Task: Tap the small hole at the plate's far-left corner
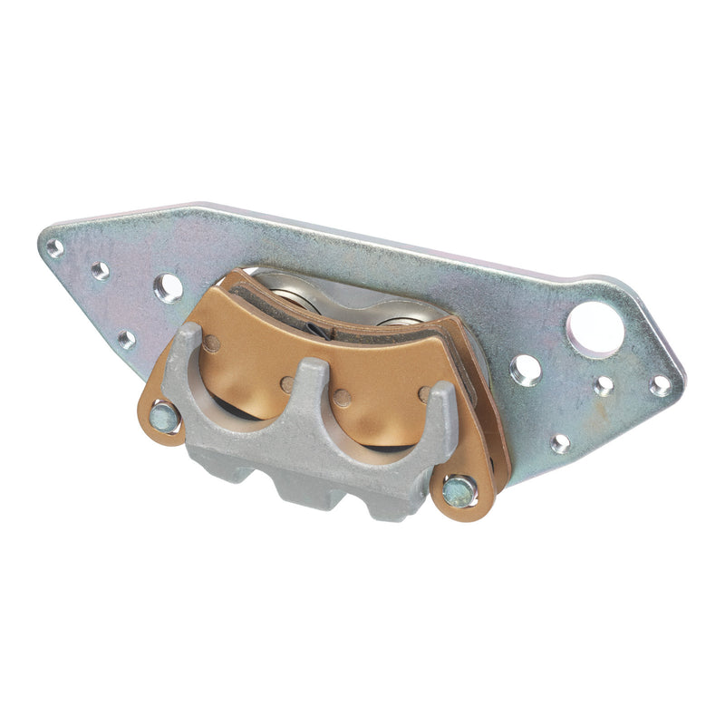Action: coord(55,247)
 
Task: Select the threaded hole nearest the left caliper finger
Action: coord(169,288)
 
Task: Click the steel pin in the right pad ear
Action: coord(458,492)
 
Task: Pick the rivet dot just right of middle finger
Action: coord(342,398)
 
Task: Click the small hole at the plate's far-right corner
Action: coord(661,385)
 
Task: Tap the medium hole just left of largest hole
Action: coord(526,370)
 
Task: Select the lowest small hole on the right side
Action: coord(561,443)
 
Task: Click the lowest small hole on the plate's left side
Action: coord(126,339)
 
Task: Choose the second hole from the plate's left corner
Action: coord(100,270)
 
